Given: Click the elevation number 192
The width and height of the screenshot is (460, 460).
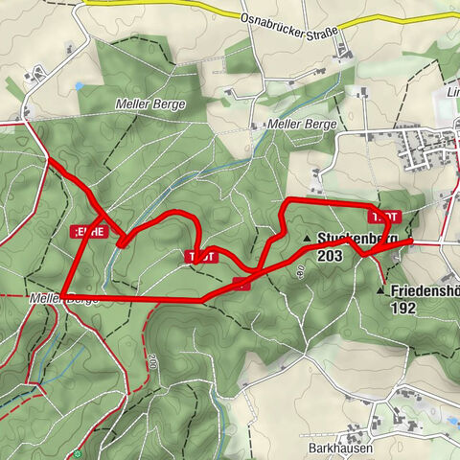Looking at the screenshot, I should click(x=402, y=309).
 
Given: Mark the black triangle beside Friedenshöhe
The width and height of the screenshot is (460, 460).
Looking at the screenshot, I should click(x=381, y=289).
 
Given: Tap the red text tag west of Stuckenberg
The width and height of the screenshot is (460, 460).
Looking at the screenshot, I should click(x=198, y=256).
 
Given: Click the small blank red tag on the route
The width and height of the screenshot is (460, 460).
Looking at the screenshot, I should click(x=241, y=282).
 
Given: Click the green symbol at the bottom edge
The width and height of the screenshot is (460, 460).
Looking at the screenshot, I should click(x=78, y=454).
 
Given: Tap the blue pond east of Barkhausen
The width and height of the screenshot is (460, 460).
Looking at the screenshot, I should click(x=451, y=420).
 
